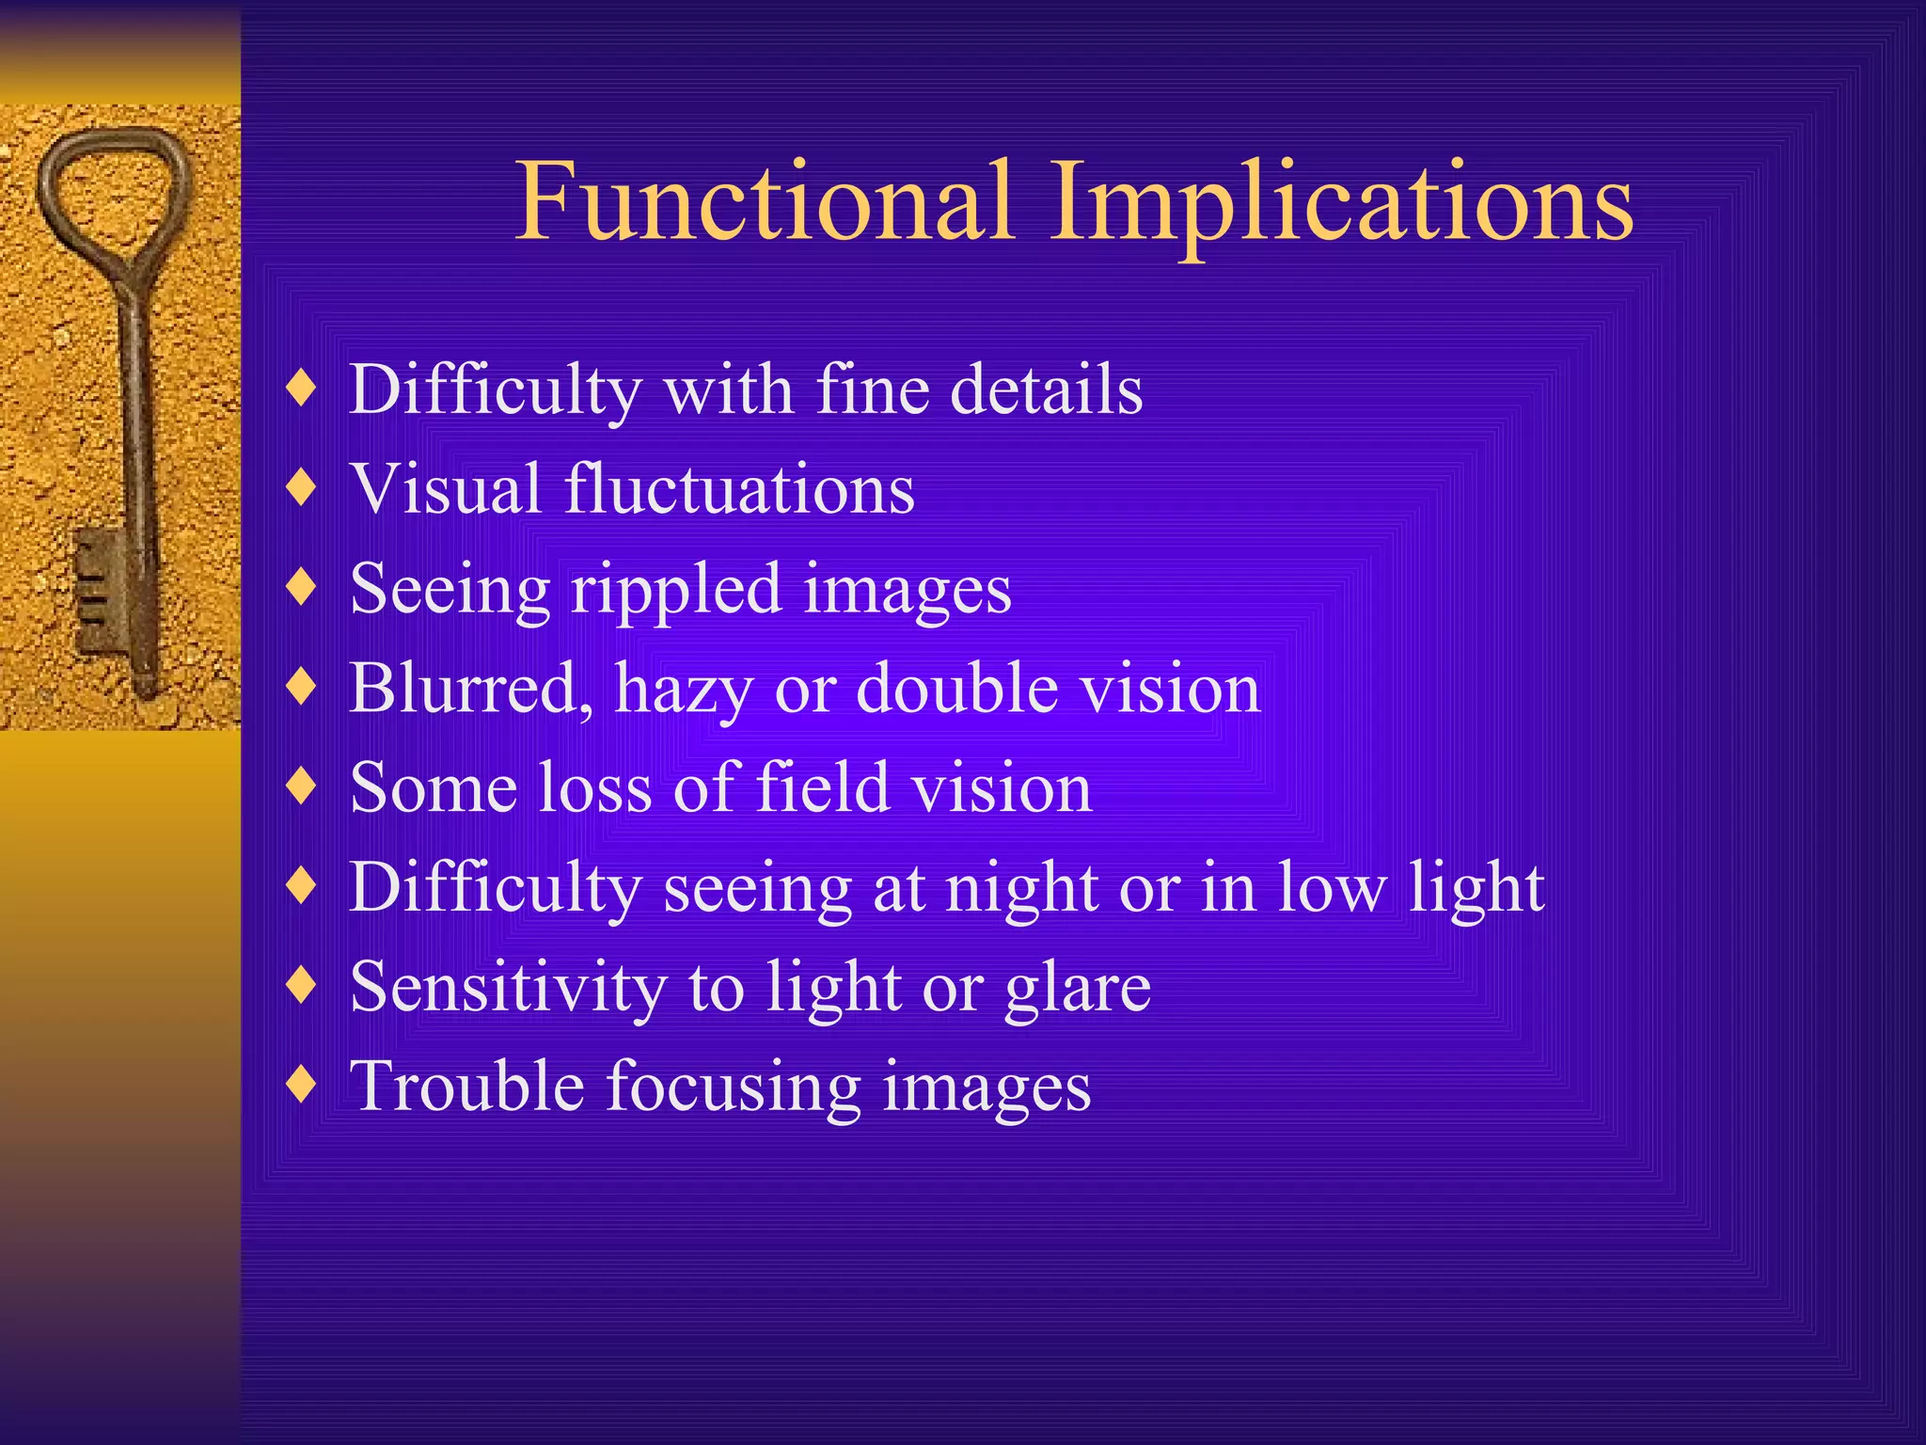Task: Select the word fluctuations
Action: point(739,489)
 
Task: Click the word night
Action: point(1022,889)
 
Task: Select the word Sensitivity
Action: point(508,988)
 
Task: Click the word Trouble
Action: point(467,1087)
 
